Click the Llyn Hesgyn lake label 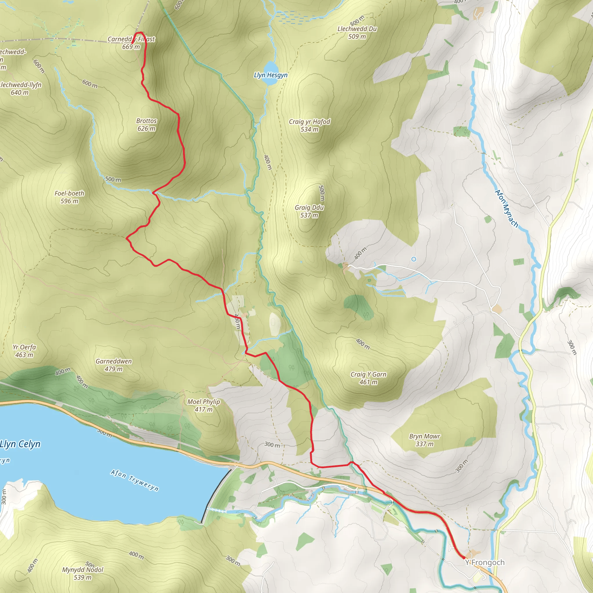pos(270,75)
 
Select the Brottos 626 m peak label pos(147,125)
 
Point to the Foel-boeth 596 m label pos(69,197)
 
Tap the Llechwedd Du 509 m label pos(357,32)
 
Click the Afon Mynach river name pos(506,208)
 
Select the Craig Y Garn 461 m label pos(368,378)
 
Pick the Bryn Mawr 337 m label pos(424,440)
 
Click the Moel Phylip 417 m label pos(204,405)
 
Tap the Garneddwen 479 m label pos(114,365)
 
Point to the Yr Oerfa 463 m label pos(24,351)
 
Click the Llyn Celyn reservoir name pos(20,444)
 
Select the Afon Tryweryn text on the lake pos(135,480)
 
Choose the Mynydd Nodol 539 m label pos(83,573)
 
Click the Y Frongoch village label pos(485,562)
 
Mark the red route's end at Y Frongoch pos(464,557)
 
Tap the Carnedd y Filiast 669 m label pos(131,43)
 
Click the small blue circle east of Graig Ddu pos(414,259)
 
